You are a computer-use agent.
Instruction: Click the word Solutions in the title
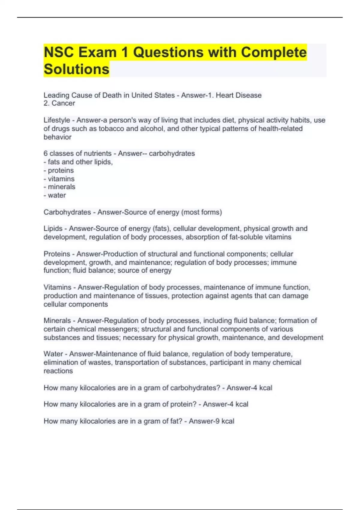click(76, 69)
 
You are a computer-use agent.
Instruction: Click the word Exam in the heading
click(97, 52)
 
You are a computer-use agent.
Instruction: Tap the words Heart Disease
click(238, 95)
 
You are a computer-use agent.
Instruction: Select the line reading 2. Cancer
click(59, 103)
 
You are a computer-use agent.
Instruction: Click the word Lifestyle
click(57, 120)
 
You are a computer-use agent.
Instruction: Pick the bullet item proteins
click(61, 170)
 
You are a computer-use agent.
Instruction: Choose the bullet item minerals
click(61, 187)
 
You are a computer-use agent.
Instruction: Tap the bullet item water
click(57, 195)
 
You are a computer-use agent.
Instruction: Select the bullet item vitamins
click(61, 179)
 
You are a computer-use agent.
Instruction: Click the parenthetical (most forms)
click(201, 212)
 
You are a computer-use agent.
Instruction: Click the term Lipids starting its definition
click(53, 229)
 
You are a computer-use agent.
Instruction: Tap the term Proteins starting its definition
click(57, 254)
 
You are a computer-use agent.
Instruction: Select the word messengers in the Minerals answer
click(119, 329)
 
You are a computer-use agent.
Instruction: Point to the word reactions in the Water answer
click(58, 371)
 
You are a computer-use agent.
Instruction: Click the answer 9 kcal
click(223, 421)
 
